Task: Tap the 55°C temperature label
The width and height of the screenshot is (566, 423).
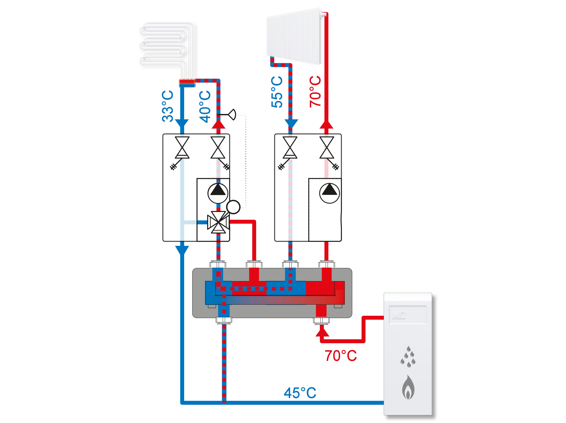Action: point(277,92)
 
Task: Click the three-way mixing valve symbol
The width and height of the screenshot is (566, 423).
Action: point(218,222)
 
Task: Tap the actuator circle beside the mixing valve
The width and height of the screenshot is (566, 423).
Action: point(233,207)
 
